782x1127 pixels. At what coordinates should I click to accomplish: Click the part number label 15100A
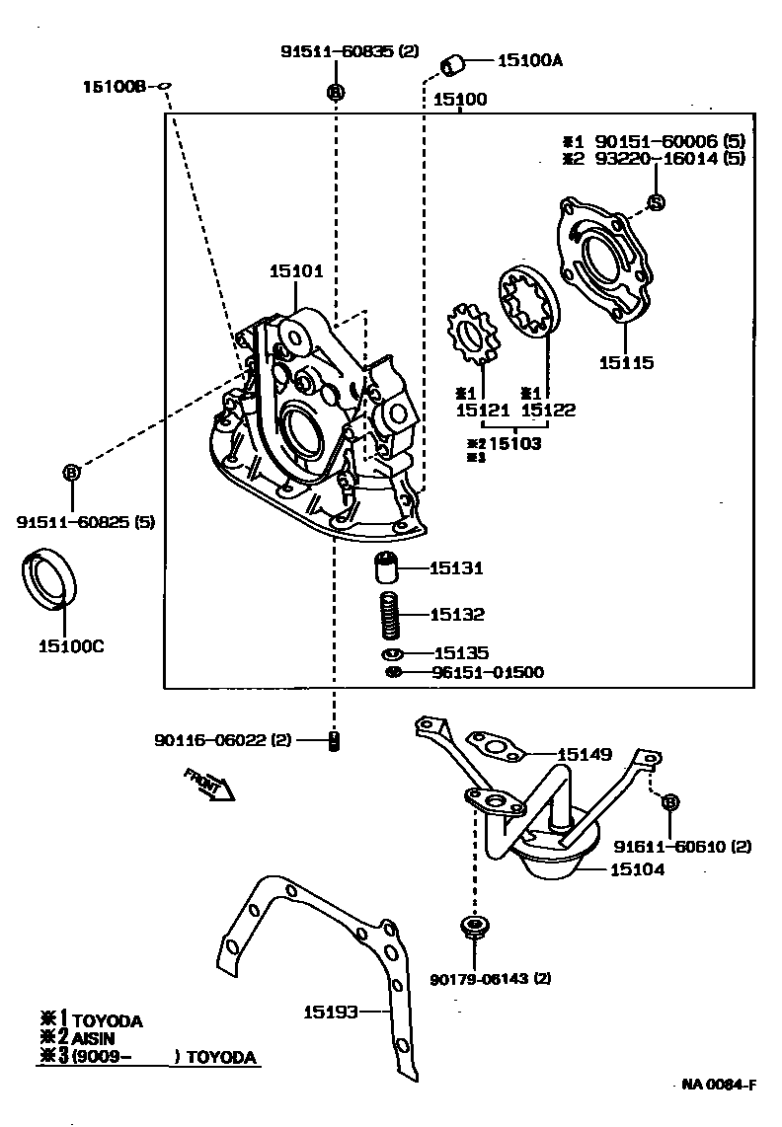(x=529, y=61)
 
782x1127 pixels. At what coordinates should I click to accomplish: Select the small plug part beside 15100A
(x=453, y=66)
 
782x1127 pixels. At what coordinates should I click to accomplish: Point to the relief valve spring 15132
(x=393, y=616)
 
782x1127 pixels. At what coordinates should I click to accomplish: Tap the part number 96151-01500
(x=487, y=672)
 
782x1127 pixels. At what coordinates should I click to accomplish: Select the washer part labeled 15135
(x=392, y=653)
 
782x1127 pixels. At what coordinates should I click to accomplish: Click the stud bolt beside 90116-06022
(x=334, y=740)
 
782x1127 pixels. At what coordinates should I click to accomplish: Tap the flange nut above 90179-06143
(x=475, y=928)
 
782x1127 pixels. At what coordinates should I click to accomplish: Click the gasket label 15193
(x=330, y=1011)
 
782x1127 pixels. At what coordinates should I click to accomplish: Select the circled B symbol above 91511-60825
(x=71, y=474)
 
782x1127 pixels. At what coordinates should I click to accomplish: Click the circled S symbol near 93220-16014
(x=656, y=202)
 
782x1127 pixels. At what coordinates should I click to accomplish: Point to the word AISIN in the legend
(x=95, y=1039)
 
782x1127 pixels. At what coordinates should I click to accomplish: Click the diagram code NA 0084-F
(x=719, y=1086)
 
